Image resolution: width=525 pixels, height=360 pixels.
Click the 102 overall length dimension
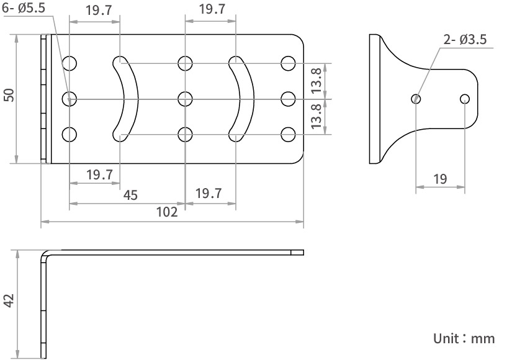tap(166, 212)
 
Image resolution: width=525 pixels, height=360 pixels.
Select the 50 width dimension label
tap(9, 94)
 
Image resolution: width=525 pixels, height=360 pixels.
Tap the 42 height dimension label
tap(9, 300)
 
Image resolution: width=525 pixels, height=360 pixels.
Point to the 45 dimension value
tap(130, 195)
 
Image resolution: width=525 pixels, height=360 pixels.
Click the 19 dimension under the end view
tap(440, 179)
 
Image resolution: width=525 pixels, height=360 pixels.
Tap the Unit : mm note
tap(464, 338)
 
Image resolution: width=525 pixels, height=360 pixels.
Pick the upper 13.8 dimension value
tap(316, 80)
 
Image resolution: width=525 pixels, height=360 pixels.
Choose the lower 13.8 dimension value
tap(316, 117)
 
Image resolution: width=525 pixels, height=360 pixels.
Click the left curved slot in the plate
tap(127, 98)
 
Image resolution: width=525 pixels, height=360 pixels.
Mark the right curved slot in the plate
tap(242, 98)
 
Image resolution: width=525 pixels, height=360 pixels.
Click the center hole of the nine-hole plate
tap(185, 98)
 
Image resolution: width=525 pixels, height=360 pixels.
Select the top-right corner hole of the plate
tap(288, 63)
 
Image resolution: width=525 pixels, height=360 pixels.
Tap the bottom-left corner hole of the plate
tap(70, 134)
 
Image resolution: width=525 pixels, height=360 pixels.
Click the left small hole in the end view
tap(416, 98)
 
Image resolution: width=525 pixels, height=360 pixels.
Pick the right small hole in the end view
tap(465, 98)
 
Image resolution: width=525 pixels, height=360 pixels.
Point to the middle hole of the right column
tap(288, 98)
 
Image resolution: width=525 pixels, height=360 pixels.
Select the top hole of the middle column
tap(185, 63)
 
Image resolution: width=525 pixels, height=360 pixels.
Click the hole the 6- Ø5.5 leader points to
tap(70, 98)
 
